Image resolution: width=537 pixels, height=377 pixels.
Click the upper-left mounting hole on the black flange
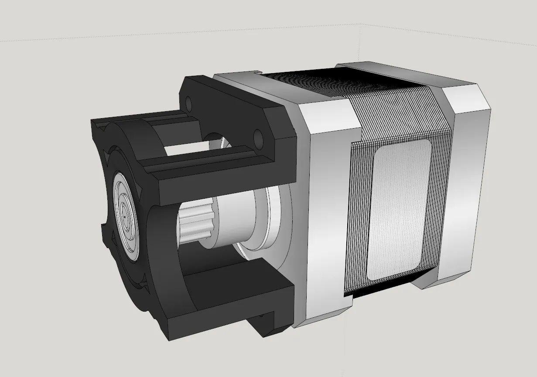coord(188,103)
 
